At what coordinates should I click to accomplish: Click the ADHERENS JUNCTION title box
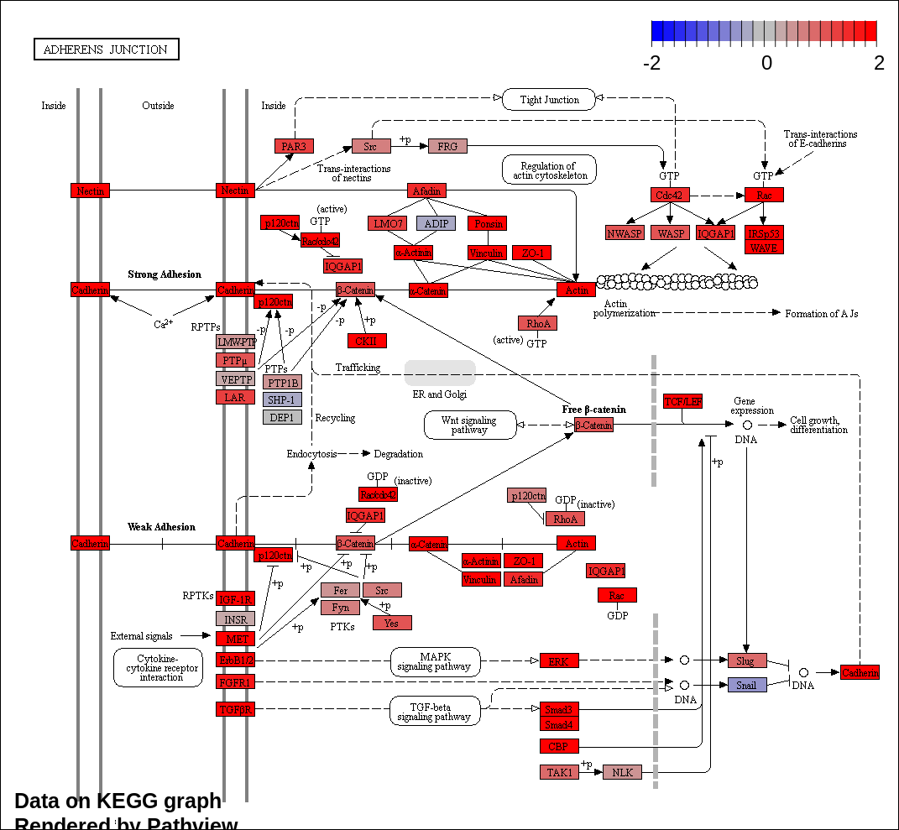[106, 50]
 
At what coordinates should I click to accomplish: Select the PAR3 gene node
[294, 146]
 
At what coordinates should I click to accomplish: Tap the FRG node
[447, 146]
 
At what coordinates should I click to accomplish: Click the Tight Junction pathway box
[549, 100]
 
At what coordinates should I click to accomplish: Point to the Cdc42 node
[670, 195]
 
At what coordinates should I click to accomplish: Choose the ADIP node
[436, 223]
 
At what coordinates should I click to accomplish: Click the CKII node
[367, 341]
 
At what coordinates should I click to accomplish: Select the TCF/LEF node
[682, 401]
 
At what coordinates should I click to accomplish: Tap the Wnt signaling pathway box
[470, 425]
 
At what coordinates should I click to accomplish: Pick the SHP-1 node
[282, 399]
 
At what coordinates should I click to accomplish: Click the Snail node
[747, 685]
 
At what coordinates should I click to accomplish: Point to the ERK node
[559, 661]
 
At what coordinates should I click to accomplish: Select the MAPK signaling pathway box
[436, 661]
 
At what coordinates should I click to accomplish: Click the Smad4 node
[559, 724]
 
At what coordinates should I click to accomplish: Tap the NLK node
[622, 772]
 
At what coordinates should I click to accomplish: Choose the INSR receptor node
[235, 619]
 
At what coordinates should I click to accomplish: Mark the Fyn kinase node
[340, 607]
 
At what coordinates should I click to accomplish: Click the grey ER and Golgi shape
[440, 373]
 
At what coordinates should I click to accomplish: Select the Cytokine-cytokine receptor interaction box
[158, 667]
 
